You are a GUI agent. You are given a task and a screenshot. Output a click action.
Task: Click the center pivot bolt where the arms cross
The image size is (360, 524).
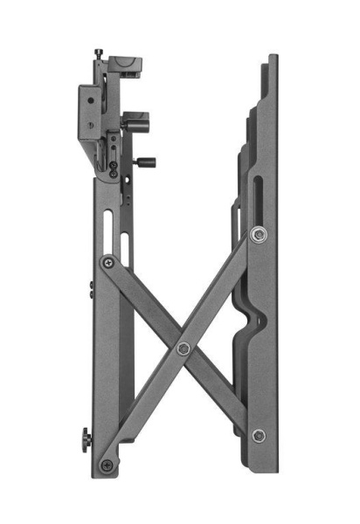183,348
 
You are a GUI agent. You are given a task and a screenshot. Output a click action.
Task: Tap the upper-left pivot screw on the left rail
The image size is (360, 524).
107,261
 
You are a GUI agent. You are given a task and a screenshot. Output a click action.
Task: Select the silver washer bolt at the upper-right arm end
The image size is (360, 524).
256,234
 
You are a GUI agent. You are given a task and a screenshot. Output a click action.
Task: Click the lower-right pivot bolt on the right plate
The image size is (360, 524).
258,435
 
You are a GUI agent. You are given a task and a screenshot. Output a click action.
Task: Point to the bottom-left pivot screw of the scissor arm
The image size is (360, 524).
107,464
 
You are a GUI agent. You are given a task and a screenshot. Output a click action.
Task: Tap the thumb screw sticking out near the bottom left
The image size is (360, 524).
86,438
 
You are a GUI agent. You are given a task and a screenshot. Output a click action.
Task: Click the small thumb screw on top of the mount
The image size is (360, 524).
100,55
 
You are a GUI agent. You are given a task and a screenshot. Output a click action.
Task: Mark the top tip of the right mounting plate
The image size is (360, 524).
273,58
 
